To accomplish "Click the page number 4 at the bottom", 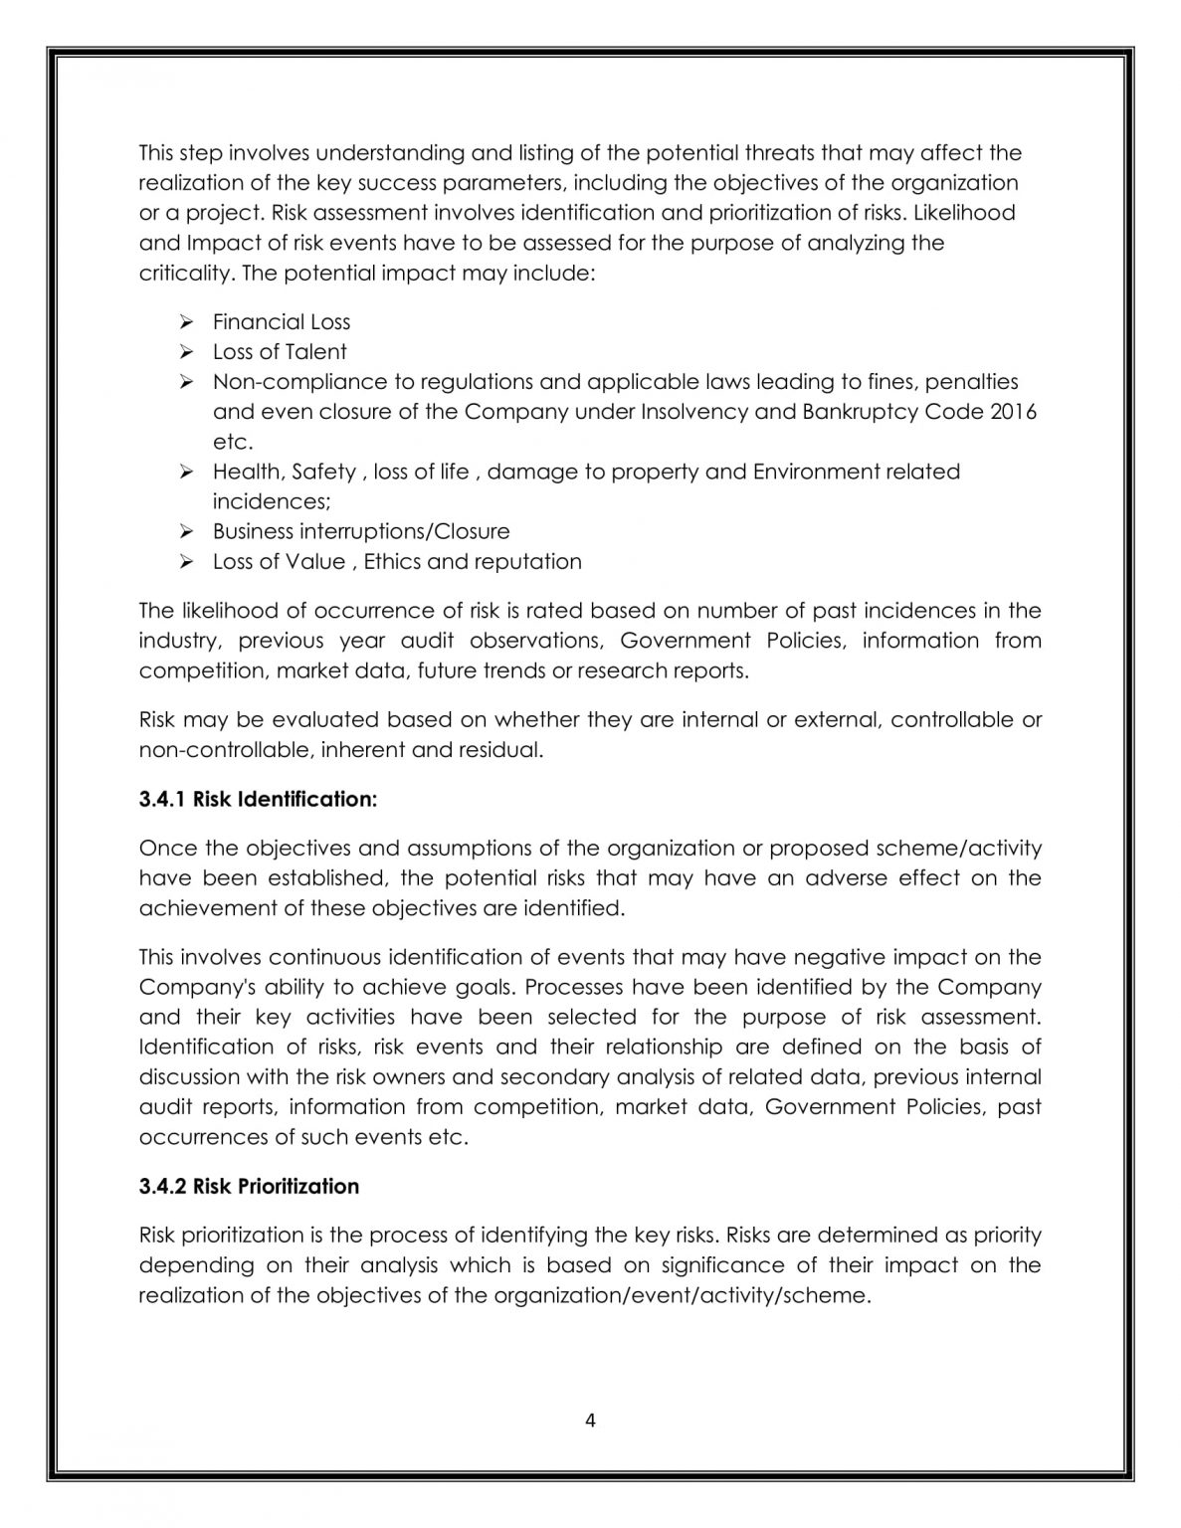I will [x=590, y=1421].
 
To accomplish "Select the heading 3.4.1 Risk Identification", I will [x=258, y=799].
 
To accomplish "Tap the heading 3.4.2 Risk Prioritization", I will [x=249, y=1186].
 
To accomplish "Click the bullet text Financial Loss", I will [x=282, y=321].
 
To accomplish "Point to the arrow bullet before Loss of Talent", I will [x=185, y=351].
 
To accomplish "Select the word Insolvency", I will [x=697, y=411].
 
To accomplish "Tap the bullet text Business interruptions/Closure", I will [x=361, y=531].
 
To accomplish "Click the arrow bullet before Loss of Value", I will [x=185, y=561].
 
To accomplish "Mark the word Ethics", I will [x=392, y=561].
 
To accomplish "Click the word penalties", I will [x=978, y=381].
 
